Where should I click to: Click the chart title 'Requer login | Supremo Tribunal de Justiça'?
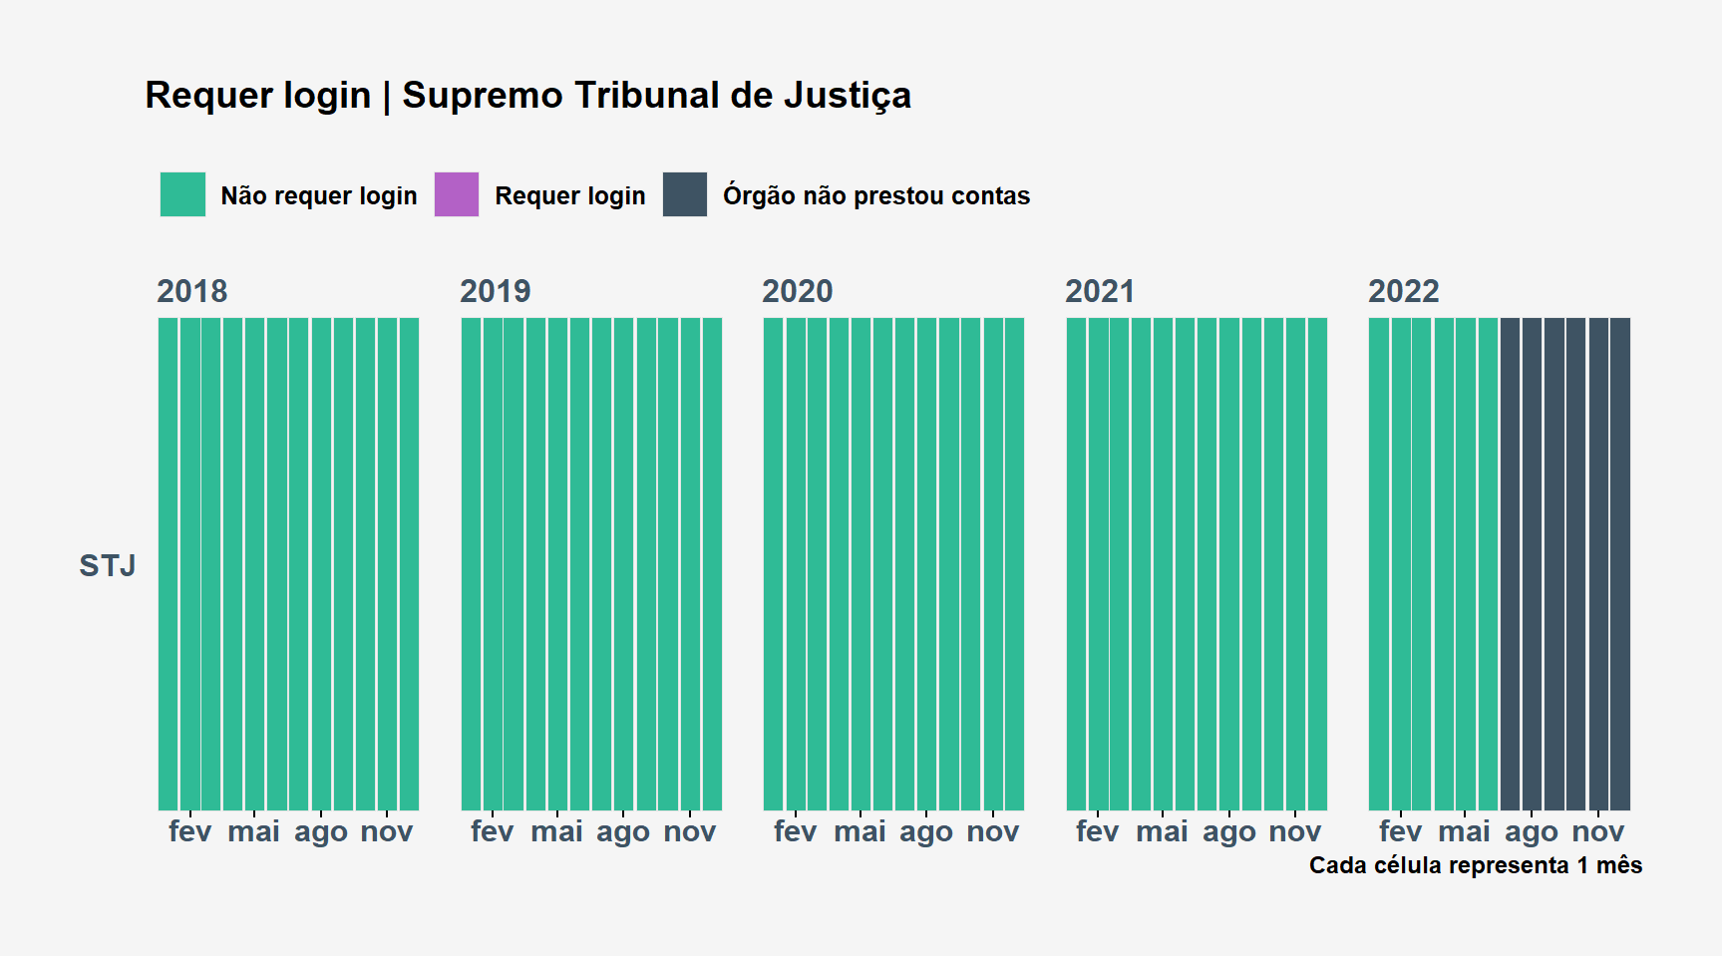(x=527, y=96)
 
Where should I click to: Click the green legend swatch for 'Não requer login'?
(x=182, y=194)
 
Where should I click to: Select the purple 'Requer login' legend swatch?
(x=457, y=194)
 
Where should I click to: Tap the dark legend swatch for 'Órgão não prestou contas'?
(x=685, y=194)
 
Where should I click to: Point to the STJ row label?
(x=108, y=566)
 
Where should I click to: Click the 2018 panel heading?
(x=192, y=291)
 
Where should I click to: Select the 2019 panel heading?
(x=496, y=291)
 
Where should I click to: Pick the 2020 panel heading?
(x=798, y=291)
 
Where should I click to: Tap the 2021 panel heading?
(x=1100, y=291)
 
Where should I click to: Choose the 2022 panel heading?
(x=1404, y=291)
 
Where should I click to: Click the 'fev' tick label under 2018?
(x=189, y=831)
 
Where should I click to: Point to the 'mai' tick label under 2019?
(x=556, y=831)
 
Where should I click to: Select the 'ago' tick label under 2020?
(x=926, y=832)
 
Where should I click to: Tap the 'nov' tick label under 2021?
(x=1295, y=831)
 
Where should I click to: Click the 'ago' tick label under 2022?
(x=1532, y=832)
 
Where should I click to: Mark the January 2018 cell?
(x=168, y=564)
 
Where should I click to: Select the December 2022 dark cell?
(x=1620, y=564)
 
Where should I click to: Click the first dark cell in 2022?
(x=1510, y=564)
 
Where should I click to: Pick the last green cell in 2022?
(x=1488, y=564)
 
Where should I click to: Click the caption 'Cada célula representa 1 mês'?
(x=1476, y=865)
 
